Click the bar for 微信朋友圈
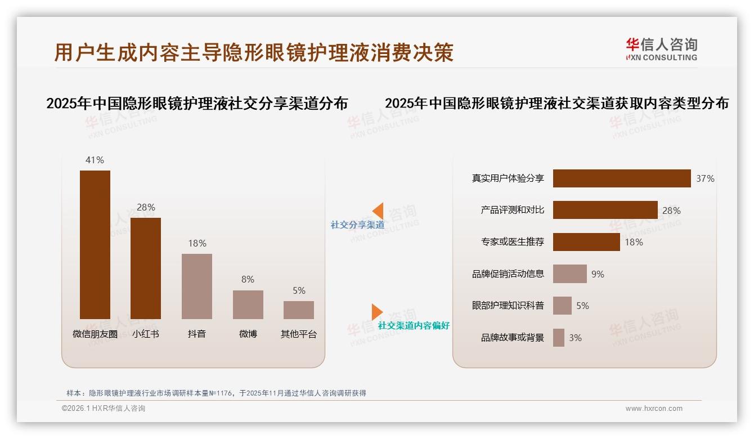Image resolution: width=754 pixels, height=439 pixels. pos(95,245)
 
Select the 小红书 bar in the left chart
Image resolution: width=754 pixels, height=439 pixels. pos(146,268)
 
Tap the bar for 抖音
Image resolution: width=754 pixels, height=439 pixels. pos(197,286)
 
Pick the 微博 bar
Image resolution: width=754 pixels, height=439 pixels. pos(248,304)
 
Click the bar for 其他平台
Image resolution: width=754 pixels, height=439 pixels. pos(299,310)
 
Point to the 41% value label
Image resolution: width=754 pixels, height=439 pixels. pos(95,160)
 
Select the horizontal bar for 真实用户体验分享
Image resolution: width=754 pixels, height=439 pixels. pos(622,178)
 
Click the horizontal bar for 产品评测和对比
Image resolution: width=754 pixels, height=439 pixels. pos(605,210)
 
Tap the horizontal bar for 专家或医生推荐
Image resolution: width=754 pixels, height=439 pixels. pos(586,242)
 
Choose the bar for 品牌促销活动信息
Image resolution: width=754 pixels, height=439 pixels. pos(569,274)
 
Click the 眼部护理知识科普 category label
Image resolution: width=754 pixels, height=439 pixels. pos(508,306)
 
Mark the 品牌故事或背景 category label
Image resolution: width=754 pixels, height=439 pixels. pos(513,338)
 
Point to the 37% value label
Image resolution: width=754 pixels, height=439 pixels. pos(705,178)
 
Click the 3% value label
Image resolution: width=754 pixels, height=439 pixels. pos(575,338)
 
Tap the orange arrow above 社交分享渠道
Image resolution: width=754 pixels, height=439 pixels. pos(378,210)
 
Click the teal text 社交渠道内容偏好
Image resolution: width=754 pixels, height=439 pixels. pos(414,325)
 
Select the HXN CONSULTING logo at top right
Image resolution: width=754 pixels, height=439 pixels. pos(661,50)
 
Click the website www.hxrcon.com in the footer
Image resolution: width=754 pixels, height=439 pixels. pos(654,409)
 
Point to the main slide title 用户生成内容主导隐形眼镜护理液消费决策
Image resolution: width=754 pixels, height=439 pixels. pos(254,52)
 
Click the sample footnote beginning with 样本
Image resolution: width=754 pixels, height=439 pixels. pos(216,393)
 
